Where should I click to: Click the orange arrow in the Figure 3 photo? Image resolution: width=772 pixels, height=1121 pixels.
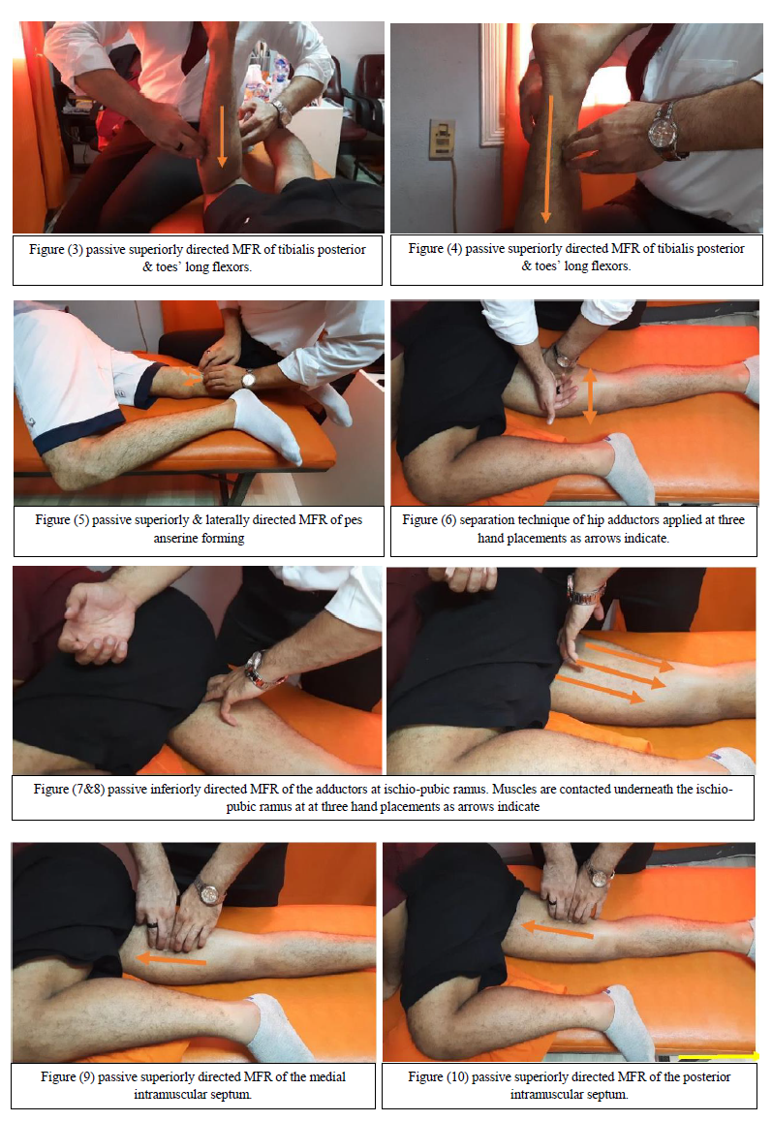(222, 136)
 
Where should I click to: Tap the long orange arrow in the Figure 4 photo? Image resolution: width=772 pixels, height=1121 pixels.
(547, 159)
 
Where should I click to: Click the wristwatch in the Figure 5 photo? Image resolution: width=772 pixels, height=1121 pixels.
(249, 378)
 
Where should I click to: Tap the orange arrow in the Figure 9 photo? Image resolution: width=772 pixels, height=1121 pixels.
(171, 959)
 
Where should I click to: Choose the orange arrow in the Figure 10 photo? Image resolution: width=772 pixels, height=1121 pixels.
(558, 929)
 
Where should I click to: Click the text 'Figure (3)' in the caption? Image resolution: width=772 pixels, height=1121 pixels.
(56, 250)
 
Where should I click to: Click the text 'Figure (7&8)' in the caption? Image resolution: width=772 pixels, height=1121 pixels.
(69, 790)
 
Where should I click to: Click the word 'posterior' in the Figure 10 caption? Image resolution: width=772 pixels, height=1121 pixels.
(706, 1076)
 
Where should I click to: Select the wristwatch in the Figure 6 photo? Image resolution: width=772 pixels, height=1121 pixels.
(564, 356)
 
